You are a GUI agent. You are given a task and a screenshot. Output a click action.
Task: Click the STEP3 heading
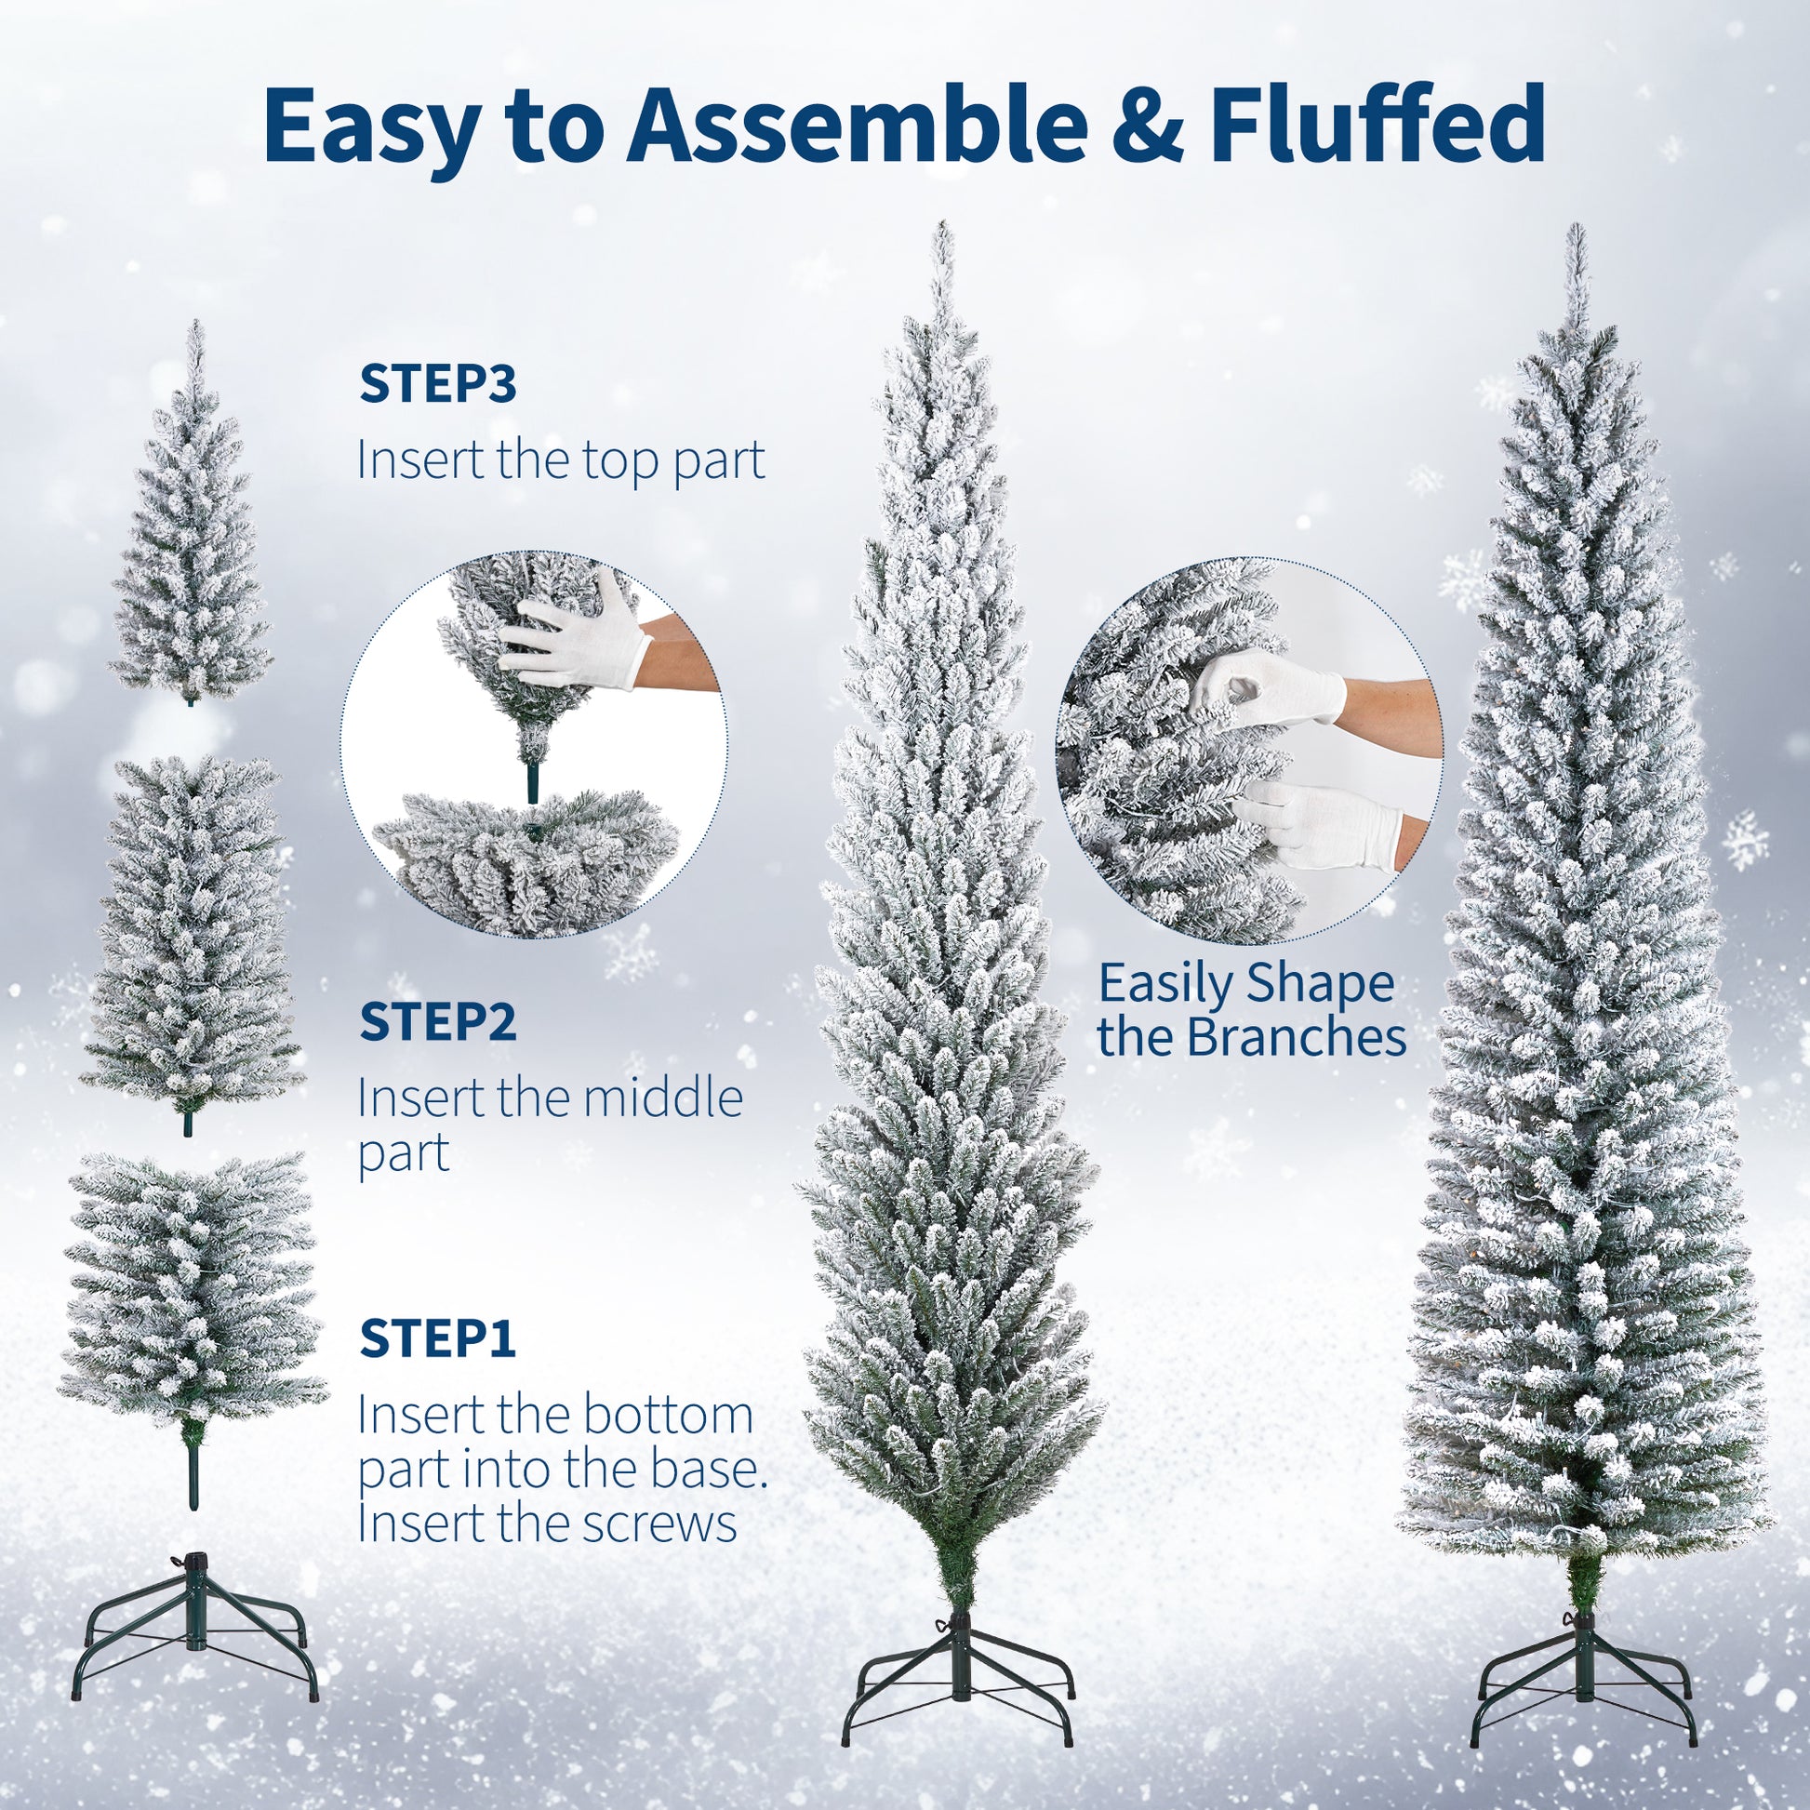coord(437,386)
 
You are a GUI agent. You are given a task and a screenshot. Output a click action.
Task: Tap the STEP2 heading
coord(437,1023)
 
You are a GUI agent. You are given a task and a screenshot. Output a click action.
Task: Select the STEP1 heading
coord(437,1339)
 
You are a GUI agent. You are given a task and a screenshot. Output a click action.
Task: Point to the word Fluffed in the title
coord(1377,126)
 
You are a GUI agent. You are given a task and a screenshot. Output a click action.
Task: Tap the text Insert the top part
coord(560,461)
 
